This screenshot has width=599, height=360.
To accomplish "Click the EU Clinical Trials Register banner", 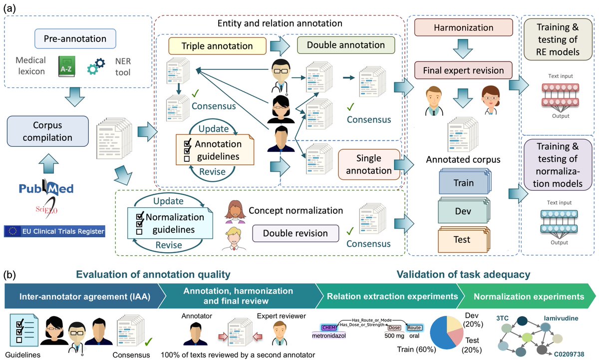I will click(55, 231).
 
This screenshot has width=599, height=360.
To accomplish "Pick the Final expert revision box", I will click(463, 70).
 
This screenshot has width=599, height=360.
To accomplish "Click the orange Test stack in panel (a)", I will click(463, 240).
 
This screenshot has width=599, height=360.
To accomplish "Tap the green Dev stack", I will click(463, 212).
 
